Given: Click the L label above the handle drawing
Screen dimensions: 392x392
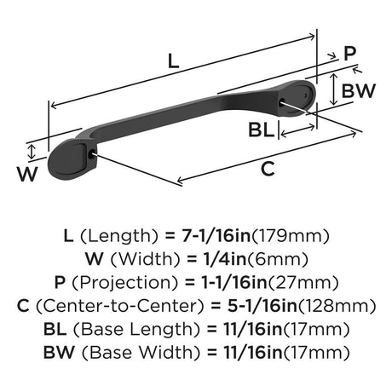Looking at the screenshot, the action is [x=174, y=61].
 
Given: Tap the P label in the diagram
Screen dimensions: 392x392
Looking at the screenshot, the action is [x=349, y=53].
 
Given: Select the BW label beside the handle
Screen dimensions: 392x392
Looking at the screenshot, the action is [x=359, y=91].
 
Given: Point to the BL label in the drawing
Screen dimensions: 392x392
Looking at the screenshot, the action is [x=262, y=130].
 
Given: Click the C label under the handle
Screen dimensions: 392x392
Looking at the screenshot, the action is [x=268, y=169].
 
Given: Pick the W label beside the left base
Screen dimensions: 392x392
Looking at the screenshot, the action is [x=27, y=174].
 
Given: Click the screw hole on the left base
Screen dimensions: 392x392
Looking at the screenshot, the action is [x=91, y=154].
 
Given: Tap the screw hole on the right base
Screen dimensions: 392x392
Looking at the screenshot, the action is [x=282, y=102].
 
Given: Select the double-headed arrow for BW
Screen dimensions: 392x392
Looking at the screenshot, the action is [x=334, y=89].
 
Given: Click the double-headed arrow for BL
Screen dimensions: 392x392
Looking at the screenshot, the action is [x=297, y=130].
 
